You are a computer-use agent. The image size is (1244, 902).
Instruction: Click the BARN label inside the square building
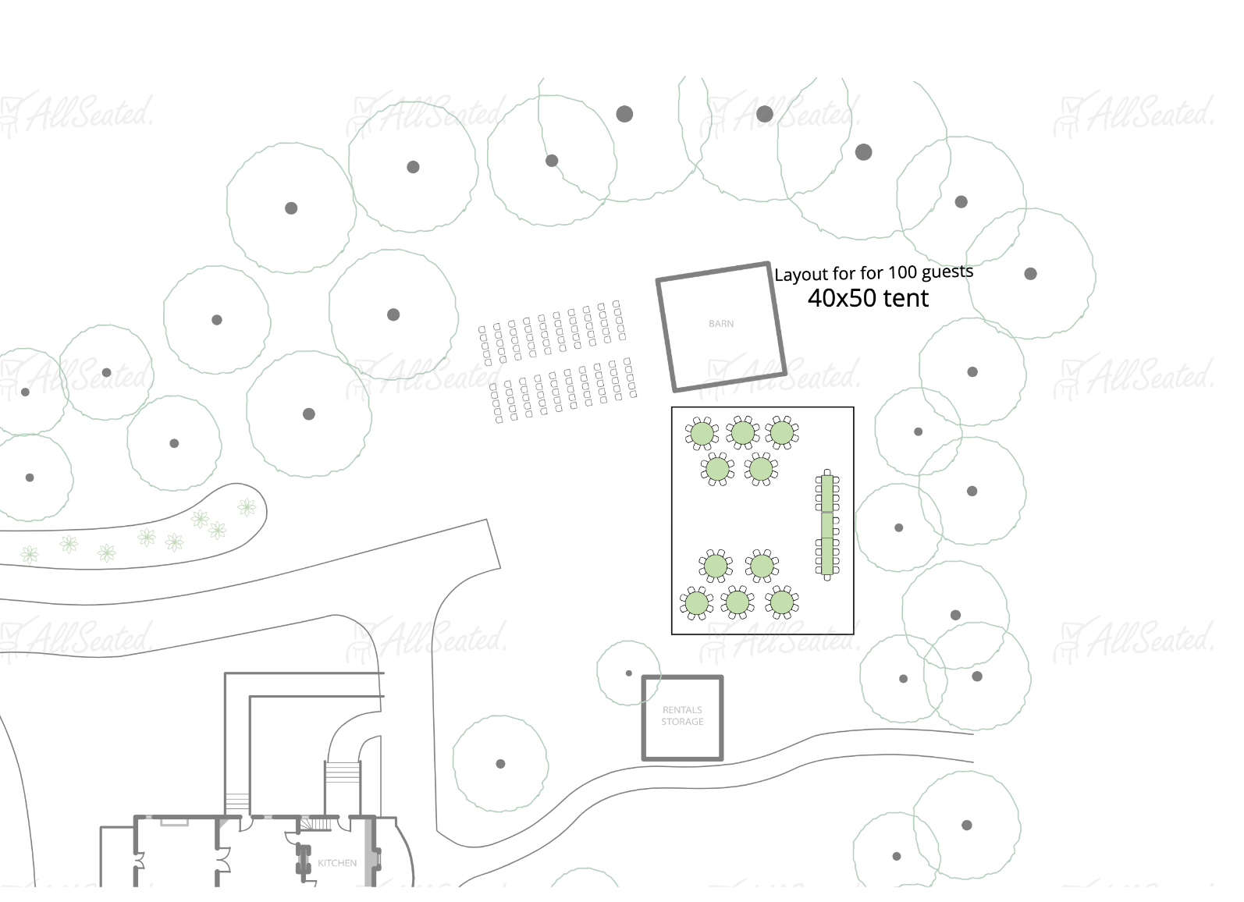(720, 324)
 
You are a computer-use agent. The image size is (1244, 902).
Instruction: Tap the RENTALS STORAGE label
(682, 716)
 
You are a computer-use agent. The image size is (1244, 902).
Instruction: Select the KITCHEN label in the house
(337, 863)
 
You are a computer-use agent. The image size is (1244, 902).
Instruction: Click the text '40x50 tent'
(868, 298)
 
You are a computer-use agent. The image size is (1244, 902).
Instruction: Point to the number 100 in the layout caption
(903, 272)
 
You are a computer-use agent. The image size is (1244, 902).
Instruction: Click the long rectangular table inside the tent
(827, 524)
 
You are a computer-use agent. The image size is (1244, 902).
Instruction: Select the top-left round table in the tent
(702, 433)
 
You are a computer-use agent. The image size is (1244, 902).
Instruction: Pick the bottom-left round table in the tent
(695, 603)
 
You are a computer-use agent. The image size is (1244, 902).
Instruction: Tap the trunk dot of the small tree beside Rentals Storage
(629, 673)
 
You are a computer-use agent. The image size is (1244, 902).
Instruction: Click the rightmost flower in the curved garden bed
(247, 508)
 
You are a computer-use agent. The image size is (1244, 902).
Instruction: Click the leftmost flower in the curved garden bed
(30, 554)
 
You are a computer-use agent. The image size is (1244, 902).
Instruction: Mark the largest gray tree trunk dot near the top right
(863, 152)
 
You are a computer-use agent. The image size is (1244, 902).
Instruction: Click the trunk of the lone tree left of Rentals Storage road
(500, 764)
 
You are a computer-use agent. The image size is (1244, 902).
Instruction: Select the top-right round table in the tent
(782, 432)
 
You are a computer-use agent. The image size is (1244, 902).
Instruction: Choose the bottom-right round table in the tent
(782, 602)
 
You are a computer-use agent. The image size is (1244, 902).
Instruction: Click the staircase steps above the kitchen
(343, 772)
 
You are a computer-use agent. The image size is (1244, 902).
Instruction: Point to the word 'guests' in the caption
(947, 272)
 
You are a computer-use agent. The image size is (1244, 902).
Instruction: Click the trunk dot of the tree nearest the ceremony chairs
(393, 314)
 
